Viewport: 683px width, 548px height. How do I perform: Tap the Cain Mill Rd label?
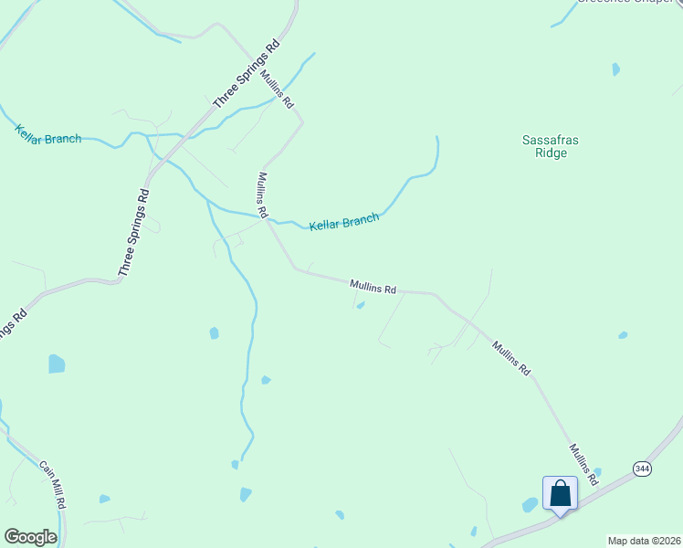(x=52, y=484)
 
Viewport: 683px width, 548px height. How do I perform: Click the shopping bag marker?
(x=560, y=494)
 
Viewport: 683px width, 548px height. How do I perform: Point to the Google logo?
(x=30, y=537)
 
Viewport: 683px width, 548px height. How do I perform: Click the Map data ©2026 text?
(x=644, y=541)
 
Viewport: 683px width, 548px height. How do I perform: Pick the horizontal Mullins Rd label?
(x=373, y=288)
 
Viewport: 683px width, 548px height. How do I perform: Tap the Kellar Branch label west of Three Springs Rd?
(x=48, y=133)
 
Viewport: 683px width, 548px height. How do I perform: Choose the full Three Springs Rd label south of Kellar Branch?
(x=133, y=233)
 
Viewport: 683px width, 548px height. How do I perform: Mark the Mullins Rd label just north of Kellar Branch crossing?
(x=262, y=195)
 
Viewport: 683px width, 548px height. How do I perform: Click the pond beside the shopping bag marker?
(x=530, y=504)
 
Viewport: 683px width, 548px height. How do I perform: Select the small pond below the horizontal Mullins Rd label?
(x=361, y=305)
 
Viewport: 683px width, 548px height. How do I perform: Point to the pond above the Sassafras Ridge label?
(x=615, y=69)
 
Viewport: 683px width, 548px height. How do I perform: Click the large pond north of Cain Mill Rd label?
(x=57, y=364)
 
